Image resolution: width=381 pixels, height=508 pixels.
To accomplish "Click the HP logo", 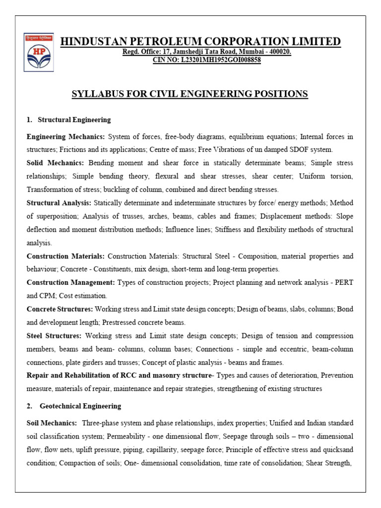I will (39, 52).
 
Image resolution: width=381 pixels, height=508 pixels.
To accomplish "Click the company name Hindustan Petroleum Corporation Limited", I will (200, 41).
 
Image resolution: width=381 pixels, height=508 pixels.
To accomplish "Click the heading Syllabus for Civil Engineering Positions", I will (190, 94).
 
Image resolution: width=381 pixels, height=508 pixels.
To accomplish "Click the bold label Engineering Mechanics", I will (66, 136).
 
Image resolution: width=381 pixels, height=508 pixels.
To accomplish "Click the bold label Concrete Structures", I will (60, 309).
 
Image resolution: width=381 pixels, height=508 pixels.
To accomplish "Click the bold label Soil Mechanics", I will (52, 423).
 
